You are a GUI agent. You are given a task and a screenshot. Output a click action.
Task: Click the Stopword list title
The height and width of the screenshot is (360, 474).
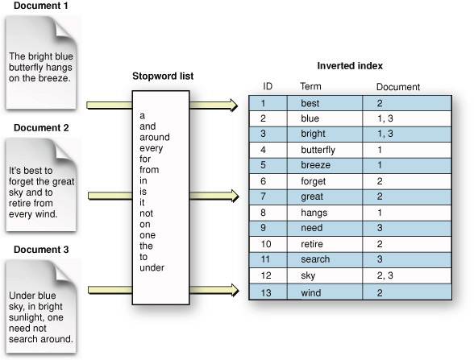(163, 77)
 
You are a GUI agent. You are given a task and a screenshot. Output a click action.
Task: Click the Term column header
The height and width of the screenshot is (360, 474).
(310, 86)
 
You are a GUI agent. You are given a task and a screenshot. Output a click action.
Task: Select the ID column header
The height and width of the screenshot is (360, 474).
(268, 86)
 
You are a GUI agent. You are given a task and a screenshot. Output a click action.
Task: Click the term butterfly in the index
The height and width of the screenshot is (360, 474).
(318, 150)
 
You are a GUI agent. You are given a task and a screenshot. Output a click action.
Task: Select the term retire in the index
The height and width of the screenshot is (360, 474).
(312, 242)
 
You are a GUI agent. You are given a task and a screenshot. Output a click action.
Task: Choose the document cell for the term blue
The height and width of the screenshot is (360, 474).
(384, 118)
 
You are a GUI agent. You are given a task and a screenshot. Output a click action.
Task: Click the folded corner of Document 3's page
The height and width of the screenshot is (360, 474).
(69, 269)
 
